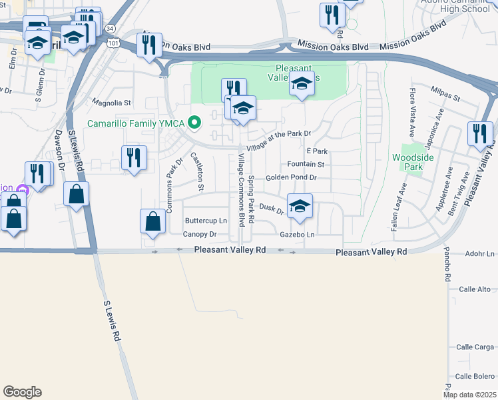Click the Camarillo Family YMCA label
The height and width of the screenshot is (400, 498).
tap(137, 123)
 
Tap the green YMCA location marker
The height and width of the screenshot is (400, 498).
tap(194, 123)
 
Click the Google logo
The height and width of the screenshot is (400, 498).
tap(22, 392)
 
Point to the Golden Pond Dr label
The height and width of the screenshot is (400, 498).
tap(291, 178)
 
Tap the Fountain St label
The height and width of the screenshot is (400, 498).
tap(306, 164)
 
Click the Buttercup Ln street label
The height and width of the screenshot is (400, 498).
tap(206, 221)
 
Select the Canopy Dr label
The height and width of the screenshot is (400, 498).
tap(200, 234)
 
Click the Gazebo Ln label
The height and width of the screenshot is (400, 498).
tap(297, 235)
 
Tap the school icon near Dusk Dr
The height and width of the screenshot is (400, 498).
tap(300, 206)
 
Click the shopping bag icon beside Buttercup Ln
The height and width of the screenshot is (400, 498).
tap(153, 222)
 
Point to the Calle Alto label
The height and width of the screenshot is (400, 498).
tap(475, 289)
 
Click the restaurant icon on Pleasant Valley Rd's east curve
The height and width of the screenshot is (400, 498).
tap(480, 133)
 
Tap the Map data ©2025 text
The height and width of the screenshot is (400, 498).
tap(470, 395)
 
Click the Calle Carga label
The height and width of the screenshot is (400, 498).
tap(475, 347)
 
